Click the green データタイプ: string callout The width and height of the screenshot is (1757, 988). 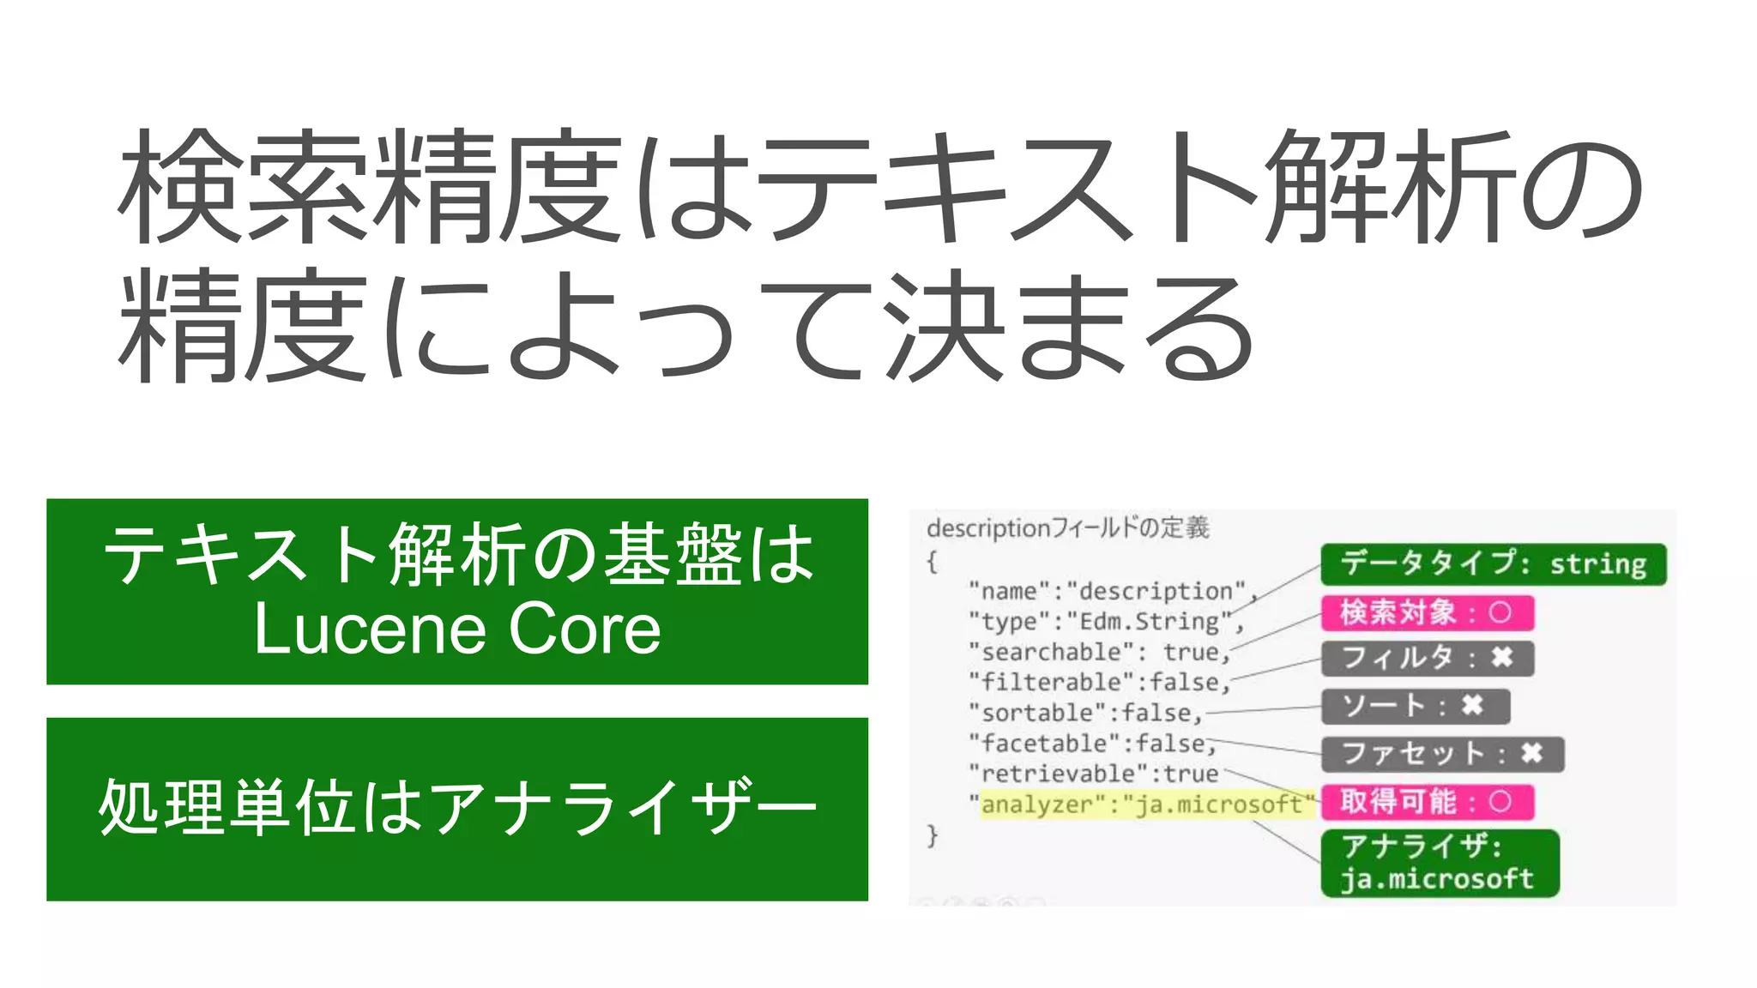point(1493,564)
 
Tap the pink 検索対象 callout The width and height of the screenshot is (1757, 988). point(1427,612)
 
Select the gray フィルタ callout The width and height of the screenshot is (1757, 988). point(1427,659)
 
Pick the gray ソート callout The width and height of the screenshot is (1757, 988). point(1415,706)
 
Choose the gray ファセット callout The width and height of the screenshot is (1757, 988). point(1442,754)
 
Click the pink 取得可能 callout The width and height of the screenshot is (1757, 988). point(1427,802)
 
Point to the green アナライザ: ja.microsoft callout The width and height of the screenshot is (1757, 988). point(1439,863)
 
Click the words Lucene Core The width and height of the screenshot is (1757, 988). point(457,630)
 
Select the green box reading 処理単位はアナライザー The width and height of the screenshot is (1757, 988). point(457,809)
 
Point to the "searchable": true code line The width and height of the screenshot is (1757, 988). point(1099,652)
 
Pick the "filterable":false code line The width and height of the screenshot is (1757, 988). point(1099,682)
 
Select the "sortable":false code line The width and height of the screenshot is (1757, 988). point(1085,713)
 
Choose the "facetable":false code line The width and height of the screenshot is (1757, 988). point(1092,743)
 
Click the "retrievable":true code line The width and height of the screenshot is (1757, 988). point(1094,774)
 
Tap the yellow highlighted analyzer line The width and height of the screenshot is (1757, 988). point(1145,804)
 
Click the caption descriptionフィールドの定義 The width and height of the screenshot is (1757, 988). point(1068,527)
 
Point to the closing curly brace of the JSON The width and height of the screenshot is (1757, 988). point(933,835)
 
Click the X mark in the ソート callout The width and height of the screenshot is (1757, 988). point(1472,706)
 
